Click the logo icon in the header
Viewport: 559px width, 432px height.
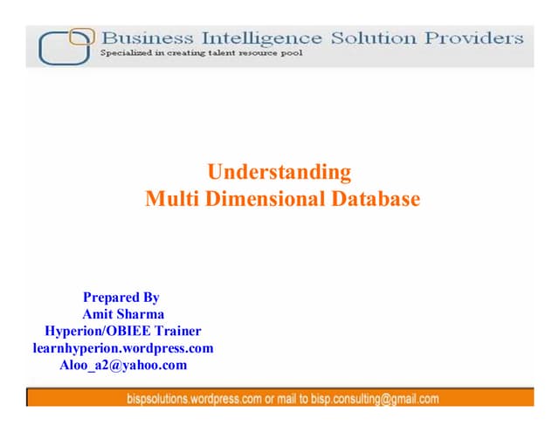(x=66, y=45)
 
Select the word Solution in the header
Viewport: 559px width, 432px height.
(x=370, y=38)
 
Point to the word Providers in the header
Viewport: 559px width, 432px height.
(x=473, y=38)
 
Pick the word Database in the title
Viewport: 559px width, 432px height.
(x=376, y=199)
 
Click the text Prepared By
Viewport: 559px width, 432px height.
(x=121, y=298)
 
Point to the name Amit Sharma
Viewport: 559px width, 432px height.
(x=123, y=314)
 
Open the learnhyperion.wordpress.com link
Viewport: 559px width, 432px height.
(x=123, y=347)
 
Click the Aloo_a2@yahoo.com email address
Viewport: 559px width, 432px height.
(x=123, y=365)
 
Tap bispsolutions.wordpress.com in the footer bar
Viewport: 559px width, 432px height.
(x=194, y=399)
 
